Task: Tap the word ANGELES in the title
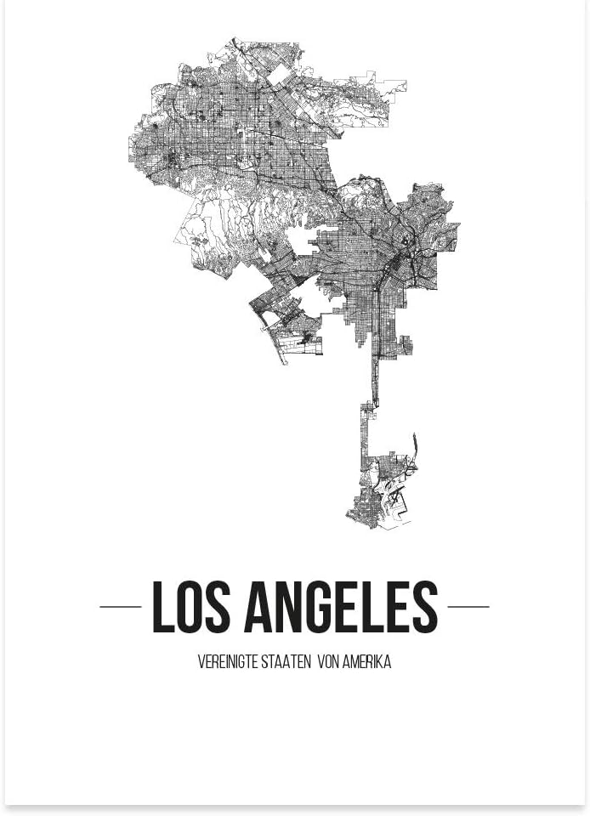341,607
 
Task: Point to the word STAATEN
283,663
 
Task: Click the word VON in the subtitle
327,663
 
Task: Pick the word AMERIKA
367,663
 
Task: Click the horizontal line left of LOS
120,607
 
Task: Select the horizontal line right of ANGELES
468,607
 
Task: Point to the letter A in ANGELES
259,607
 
